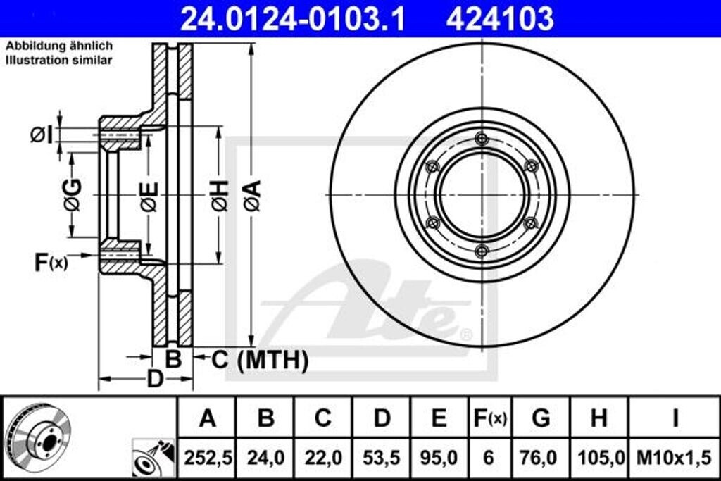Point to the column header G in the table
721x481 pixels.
pyautogui.click(x=541, y=418)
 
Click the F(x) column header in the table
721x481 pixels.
pyautogui.click(x=489, y=418)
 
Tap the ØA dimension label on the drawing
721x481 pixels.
pyautogui.click(x=253, y=195)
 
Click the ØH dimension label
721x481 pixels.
pyautogui.click(x=220, y=195)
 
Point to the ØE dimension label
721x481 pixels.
pyautogui.click(x=149, y=195)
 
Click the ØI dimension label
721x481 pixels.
pyautogui.click(x=42, y=133)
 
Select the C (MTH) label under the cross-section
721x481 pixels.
pyautogui.click(x=260, y=361)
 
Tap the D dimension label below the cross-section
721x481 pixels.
pyautogui.click(x=154, y=378)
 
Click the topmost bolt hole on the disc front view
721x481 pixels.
pyautogui.click(x=482, y=137)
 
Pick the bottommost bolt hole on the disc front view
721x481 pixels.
pyautogui.click(x=482, y=252)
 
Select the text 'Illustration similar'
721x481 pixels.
pyautogui.click(x=59, y=61)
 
